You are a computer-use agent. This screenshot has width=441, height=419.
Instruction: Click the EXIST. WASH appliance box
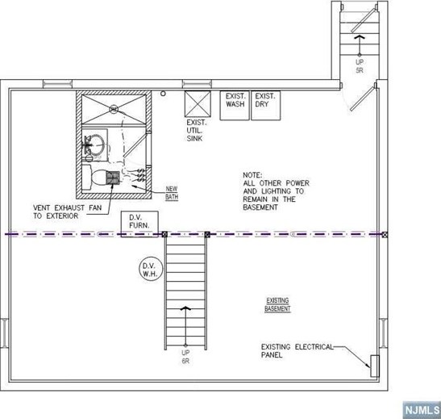pos(235,105)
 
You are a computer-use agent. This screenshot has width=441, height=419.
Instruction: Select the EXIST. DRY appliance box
pos(265,105)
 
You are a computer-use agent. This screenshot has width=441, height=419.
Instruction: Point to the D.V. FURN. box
pos(139,224)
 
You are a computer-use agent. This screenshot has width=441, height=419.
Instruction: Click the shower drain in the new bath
pos(113,108)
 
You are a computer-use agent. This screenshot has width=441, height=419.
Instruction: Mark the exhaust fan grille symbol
pos(114,177)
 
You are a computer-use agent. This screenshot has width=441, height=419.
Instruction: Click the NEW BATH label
pos(172,193)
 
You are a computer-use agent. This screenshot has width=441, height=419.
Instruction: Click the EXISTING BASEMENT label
pos(277,305)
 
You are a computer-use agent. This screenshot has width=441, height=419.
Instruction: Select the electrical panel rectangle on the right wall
pos(374,365)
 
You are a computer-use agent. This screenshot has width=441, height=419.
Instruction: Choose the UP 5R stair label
pos(359,65)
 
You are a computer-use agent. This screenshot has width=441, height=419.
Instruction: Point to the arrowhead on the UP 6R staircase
pos(185,308)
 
